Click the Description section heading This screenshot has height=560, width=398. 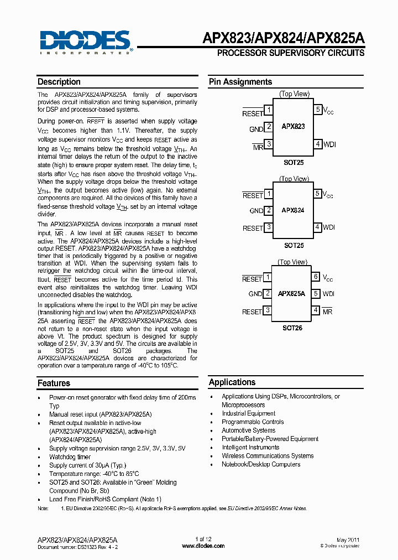(59, 82)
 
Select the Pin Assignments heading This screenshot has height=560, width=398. (240, 82)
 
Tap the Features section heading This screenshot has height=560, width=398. (54, 383)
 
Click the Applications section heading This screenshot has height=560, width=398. (232, 382)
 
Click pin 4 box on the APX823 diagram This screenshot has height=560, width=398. (318, 144)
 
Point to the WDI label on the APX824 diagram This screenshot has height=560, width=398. (329, 227)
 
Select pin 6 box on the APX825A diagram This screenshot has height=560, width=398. (316, 277)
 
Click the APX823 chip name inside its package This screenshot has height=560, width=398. (293, 126)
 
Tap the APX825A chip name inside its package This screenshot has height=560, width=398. (291, 294)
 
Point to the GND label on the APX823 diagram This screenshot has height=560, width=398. (256, 129)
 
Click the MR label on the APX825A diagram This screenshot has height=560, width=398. (327, 312)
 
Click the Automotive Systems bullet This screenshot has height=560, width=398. (248, 431)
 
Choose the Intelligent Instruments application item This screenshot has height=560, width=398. (250, 447)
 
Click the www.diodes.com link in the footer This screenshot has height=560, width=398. (203, 546)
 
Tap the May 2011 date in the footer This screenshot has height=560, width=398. (348, 539)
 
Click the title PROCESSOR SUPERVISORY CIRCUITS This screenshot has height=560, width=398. (290, 53)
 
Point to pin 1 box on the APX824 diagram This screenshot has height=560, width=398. (268, 194)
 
